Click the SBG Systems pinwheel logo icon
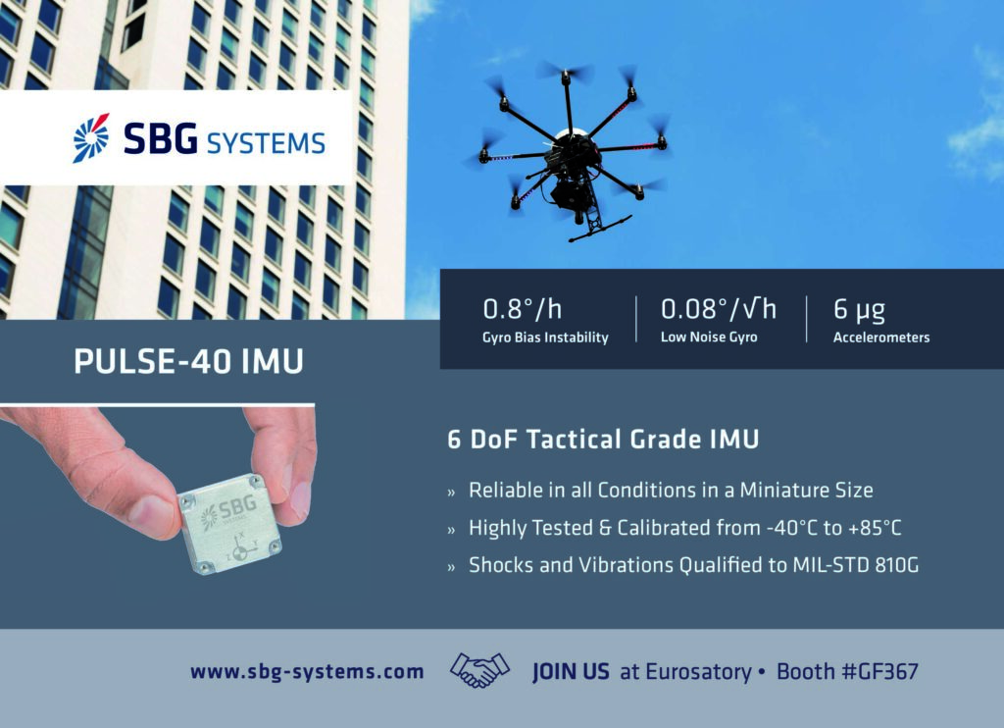[91, 137]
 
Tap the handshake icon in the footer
[479, 670]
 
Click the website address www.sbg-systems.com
[307, 672]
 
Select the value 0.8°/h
[523, 309]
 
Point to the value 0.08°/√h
[719, 309]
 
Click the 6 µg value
[859, 310]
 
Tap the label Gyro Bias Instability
[545, 338]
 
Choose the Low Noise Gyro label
[709, 338]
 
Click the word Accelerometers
[881, 338]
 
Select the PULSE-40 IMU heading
[189, 361]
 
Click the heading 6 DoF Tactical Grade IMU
[603, 440]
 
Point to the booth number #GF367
[880, 672]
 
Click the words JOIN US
[572, 672]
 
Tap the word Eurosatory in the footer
[698, 672]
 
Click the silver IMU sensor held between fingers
[229, 524]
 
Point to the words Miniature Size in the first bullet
[807, 491]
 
